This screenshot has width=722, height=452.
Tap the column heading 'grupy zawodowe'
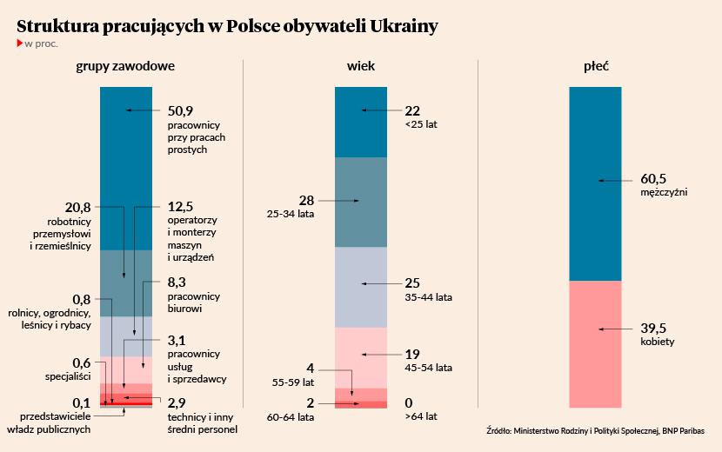(x=125, y=66)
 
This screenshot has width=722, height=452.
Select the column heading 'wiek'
(x=360, y=66)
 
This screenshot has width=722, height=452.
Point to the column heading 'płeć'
(x=596, y=66)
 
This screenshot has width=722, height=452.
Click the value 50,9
(x=180, y=110)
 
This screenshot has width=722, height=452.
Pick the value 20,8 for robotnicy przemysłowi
(x=78, y=208)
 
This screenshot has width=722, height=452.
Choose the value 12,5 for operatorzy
(x=180, y=207)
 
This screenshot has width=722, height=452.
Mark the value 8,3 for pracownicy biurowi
(x=177, y=282)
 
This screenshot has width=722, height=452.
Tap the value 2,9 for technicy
(x=177, y=403)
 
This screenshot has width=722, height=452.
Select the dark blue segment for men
(x=595, y=183)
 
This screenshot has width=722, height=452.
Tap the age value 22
(x=412, y=110)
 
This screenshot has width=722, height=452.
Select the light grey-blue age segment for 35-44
(x=360, y=287)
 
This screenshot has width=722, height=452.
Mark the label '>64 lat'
(x=421, y=417)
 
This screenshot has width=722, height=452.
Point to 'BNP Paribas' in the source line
(x=679, y=430)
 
